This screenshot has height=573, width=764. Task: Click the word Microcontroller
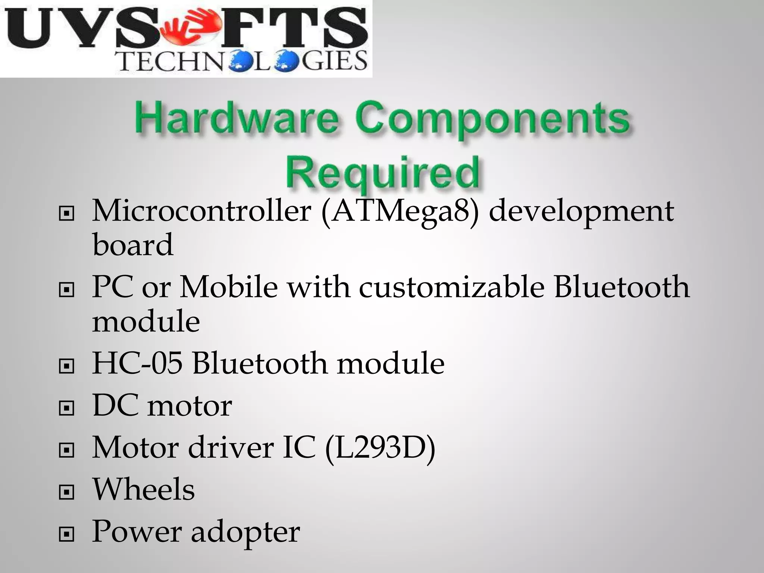(x=201, y=211)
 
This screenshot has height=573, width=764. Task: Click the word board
(x=132, y=245)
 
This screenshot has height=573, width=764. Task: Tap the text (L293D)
(x=380, y=448)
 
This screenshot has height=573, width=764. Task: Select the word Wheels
(x=143, y=489)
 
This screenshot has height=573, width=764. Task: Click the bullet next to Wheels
(x=66, y=493)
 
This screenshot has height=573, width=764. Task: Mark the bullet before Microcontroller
(x=66, y=214)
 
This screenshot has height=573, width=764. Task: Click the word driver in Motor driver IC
(x=231, y=447)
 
